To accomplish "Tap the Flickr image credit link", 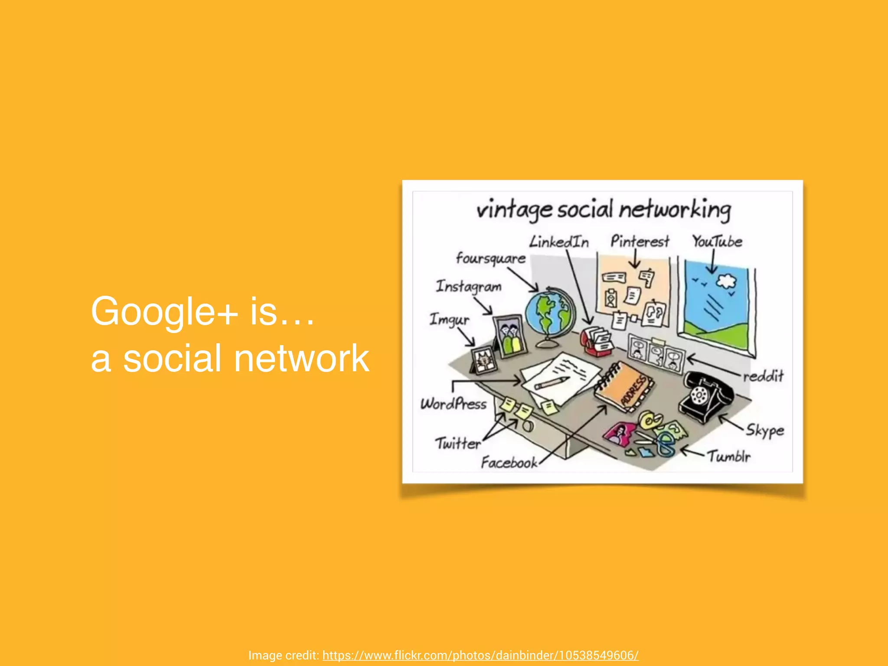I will click(x=480, y=655).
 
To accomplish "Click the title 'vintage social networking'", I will click(x=604, y=210).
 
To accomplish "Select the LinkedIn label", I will click(x=559, y=242).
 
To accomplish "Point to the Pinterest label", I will click(x=640, y=241).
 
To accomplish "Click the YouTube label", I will click(x=717, y=242).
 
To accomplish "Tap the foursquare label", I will click(x=490, y=259).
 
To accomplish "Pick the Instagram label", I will click(x=468, y=287).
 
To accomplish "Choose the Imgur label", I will click(x=449, y=320).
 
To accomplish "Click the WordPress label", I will click(x=454, y=404).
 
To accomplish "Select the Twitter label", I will click(x=458, y=444).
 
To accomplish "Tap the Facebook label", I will click(x=509, y=463).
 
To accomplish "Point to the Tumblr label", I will click(x=729, y=456).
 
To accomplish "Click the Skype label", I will click(x=765, y=430).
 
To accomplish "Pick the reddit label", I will click(x=763, y=376).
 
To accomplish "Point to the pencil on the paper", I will click(x=552, y=383).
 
